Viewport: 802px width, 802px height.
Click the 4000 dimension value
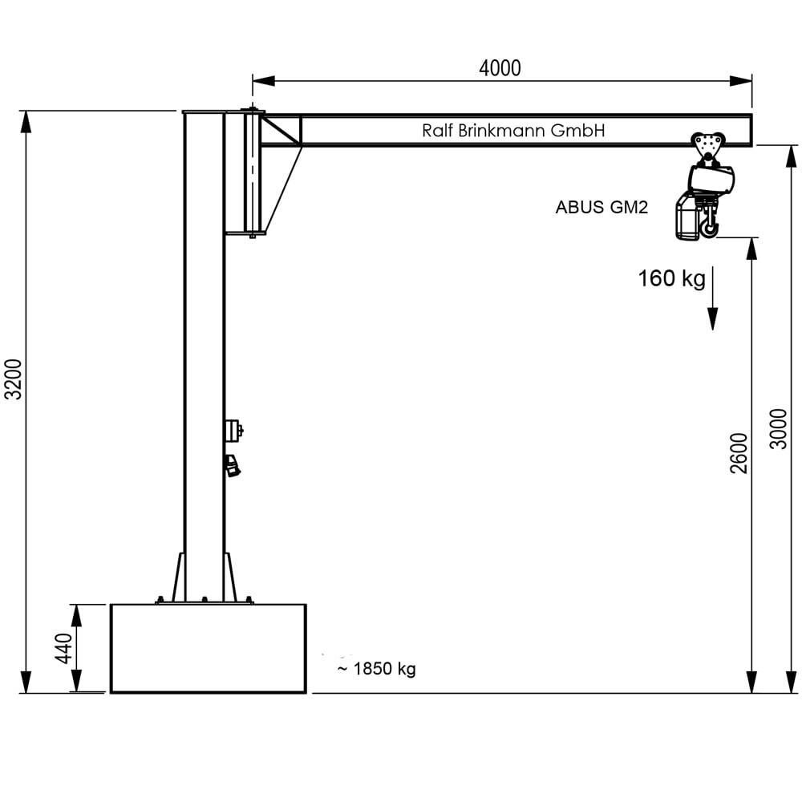pyautogui.click(x=500, y=68)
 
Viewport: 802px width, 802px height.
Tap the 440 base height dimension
pyautogui.click(x=64, y=648)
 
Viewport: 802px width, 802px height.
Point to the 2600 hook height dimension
pyautogui.click(x=739, y=453)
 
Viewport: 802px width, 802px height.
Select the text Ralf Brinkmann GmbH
pyautogui.click(x=513, y=131)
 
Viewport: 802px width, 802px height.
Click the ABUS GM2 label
pyautogui.click(x=601, y=207)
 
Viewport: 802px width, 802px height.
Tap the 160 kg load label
pyautogui.click(x=671, y=279)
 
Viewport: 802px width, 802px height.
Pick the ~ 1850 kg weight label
pyautogui.click(x=376, y=669)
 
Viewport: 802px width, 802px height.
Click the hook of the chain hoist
pyautogui.click(x=708, y=228)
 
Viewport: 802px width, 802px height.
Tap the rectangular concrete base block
pyautogui.click(x=208, y=648)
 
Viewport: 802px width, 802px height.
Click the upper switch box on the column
pyautogui.click(x=233, y=431)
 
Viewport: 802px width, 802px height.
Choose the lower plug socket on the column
pyautogui.click(x=233, y=465)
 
